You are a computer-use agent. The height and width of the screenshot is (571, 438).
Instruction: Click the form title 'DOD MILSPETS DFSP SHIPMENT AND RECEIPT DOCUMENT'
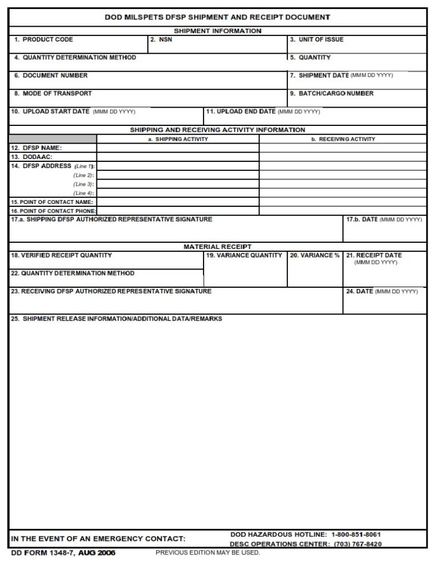click(x=217, y=17)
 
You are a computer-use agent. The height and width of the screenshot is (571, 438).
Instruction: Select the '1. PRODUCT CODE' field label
click(x=44, y=40)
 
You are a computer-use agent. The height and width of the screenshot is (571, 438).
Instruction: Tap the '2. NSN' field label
click(x=161, y=40)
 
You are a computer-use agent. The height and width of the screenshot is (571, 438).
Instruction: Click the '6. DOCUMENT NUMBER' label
click(x=51, y=76)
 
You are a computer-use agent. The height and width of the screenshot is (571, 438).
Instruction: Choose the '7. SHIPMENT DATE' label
click(x=319, y=76)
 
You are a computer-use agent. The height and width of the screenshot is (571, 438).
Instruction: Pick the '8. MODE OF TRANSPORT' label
click(x=53, y=93)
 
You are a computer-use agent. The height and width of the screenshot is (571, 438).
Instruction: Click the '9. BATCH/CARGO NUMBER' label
click(x=331, y=93)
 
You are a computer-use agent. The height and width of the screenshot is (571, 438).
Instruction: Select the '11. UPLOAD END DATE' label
click(x=241, y=112)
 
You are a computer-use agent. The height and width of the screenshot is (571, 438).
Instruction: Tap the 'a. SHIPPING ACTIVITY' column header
click(x=178, y=139)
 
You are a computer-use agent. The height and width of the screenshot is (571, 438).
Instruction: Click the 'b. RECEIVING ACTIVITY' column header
click(x=343, y=139)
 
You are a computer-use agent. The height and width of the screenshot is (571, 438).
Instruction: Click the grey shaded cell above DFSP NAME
click(x=52, y=139)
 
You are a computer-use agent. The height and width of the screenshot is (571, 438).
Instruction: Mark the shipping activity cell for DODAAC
click(x=178, y=157)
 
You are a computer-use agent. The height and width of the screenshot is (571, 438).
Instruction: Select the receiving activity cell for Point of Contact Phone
click(x=343, y=211)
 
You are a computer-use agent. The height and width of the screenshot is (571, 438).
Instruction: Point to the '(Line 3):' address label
click(x=83, y=184)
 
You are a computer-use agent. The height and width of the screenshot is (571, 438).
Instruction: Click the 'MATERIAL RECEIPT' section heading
click(x=217, y=247)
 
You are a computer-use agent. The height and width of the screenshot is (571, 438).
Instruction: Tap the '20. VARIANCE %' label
click(x=315, y=256)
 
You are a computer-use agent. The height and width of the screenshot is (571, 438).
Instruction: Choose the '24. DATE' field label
click(x=359, y=292)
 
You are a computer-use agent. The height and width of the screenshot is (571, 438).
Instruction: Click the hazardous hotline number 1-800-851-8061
click(x=356, y=535)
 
